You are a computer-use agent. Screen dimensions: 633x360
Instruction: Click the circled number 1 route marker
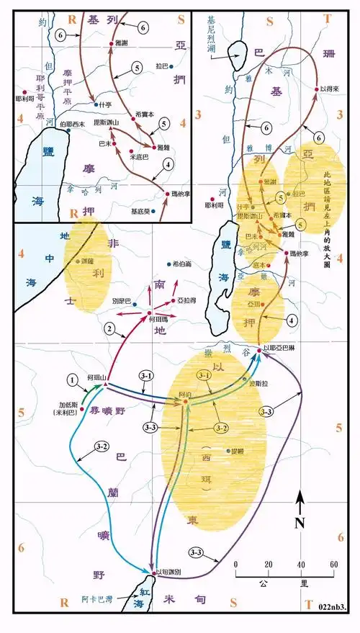point(72,380)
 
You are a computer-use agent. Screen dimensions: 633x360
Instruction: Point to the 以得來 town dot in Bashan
point(315,89)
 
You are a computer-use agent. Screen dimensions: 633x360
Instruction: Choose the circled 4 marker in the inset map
point(168,165)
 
